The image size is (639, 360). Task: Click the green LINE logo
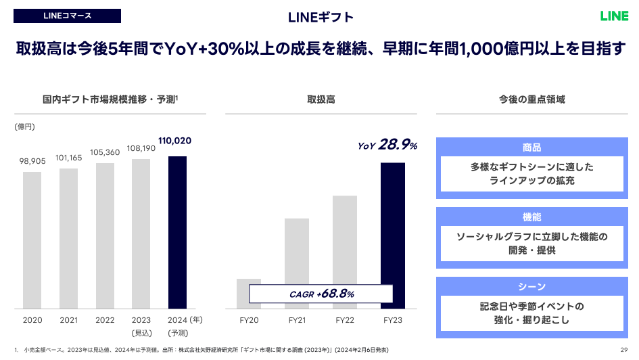tap(613, 16)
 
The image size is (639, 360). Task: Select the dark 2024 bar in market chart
tap(177, 232)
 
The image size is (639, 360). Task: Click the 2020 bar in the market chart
tap(32, 240)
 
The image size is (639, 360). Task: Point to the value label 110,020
tap(175, 141)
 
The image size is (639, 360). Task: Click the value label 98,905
tap(32, 161)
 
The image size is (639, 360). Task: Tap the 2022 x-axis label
tap(105, 320)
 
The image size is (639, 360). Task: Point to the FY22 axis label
tap(345, 320)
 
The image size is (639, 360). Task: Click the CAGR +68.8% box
tap(321, 294)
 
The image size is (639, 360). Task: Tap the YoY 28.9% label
tap(387, 145)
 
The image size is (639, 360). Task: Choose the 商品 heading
tap(531, 148)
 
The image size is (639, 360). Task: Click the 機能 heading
tap(531, 217)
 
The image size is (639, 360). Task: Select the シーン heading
tap(531, 287)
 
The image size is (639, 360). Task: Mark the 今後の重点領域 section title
tap(531, 99)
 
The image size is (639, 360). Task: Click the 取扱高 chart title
tap(321, 99)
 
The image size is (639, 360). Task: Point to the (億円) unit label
tap(24, 127)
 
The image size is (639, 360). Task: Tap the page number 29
tap(623, 349)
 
